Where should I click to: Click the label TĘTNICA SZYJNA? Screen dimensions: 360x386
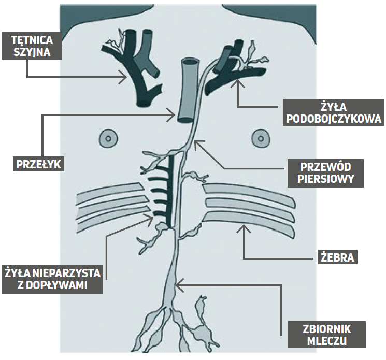pos(31,45)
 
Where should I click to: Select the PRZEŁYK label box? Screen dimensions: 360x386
pos(38,165)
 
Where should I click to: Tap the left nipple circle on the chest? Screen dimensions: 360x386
pos(107,138)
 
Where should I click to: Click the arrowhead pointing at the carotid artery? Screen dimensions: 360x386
pos(124,78)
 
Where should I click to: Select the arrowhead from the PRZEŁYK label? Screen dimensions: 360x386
pos(175,114)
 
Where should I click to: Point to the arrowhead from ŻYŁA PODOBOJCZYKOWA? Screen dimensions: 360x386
pos(239,84)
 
